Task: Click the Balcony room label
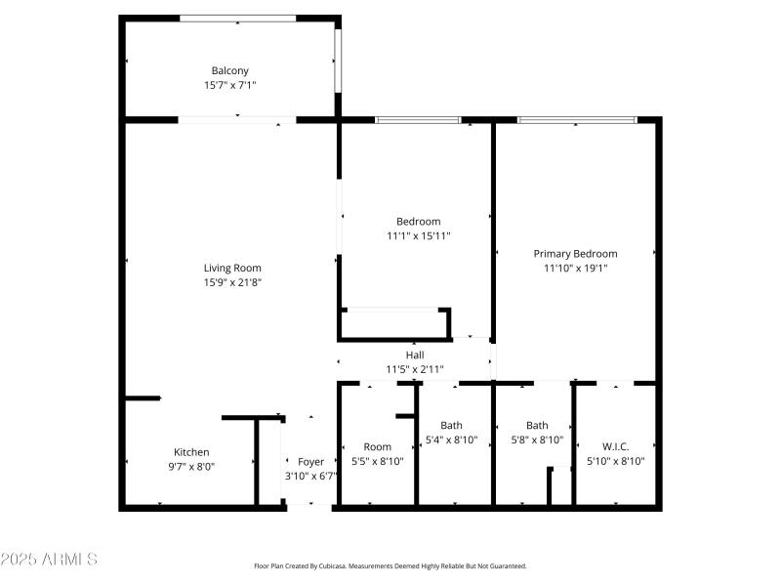[229, 70]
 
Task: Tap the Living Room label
[232, 268]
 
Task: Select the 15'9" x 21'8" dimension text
[232, 282]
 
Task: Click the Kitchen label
[191, 452]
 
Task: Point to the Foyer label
[310, 462]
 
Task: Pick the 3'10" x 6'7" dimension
[310, 477]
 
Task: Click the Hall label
[415, 355]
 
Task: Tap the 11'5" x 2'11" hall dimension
[415, 369]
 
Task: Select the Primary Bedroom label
[575, 253]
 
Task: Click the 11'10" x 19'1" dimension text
[575, 268]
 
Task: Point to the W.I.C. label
[615, 446]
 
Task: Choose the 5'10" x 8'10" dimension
[615, 461]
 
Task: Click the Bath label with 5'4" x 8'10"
[451, 425]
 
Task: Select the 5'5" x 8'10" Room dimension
[377, 461]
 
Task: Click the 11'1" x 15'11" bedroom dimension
[418, 235]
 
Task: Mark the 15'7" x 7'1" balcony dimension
[229, 85]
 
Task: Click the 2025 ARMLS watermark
[49, 560]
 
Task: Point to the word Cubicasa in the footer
[348, 566]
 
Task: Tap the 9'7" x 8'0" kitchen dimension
[191, 467]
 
